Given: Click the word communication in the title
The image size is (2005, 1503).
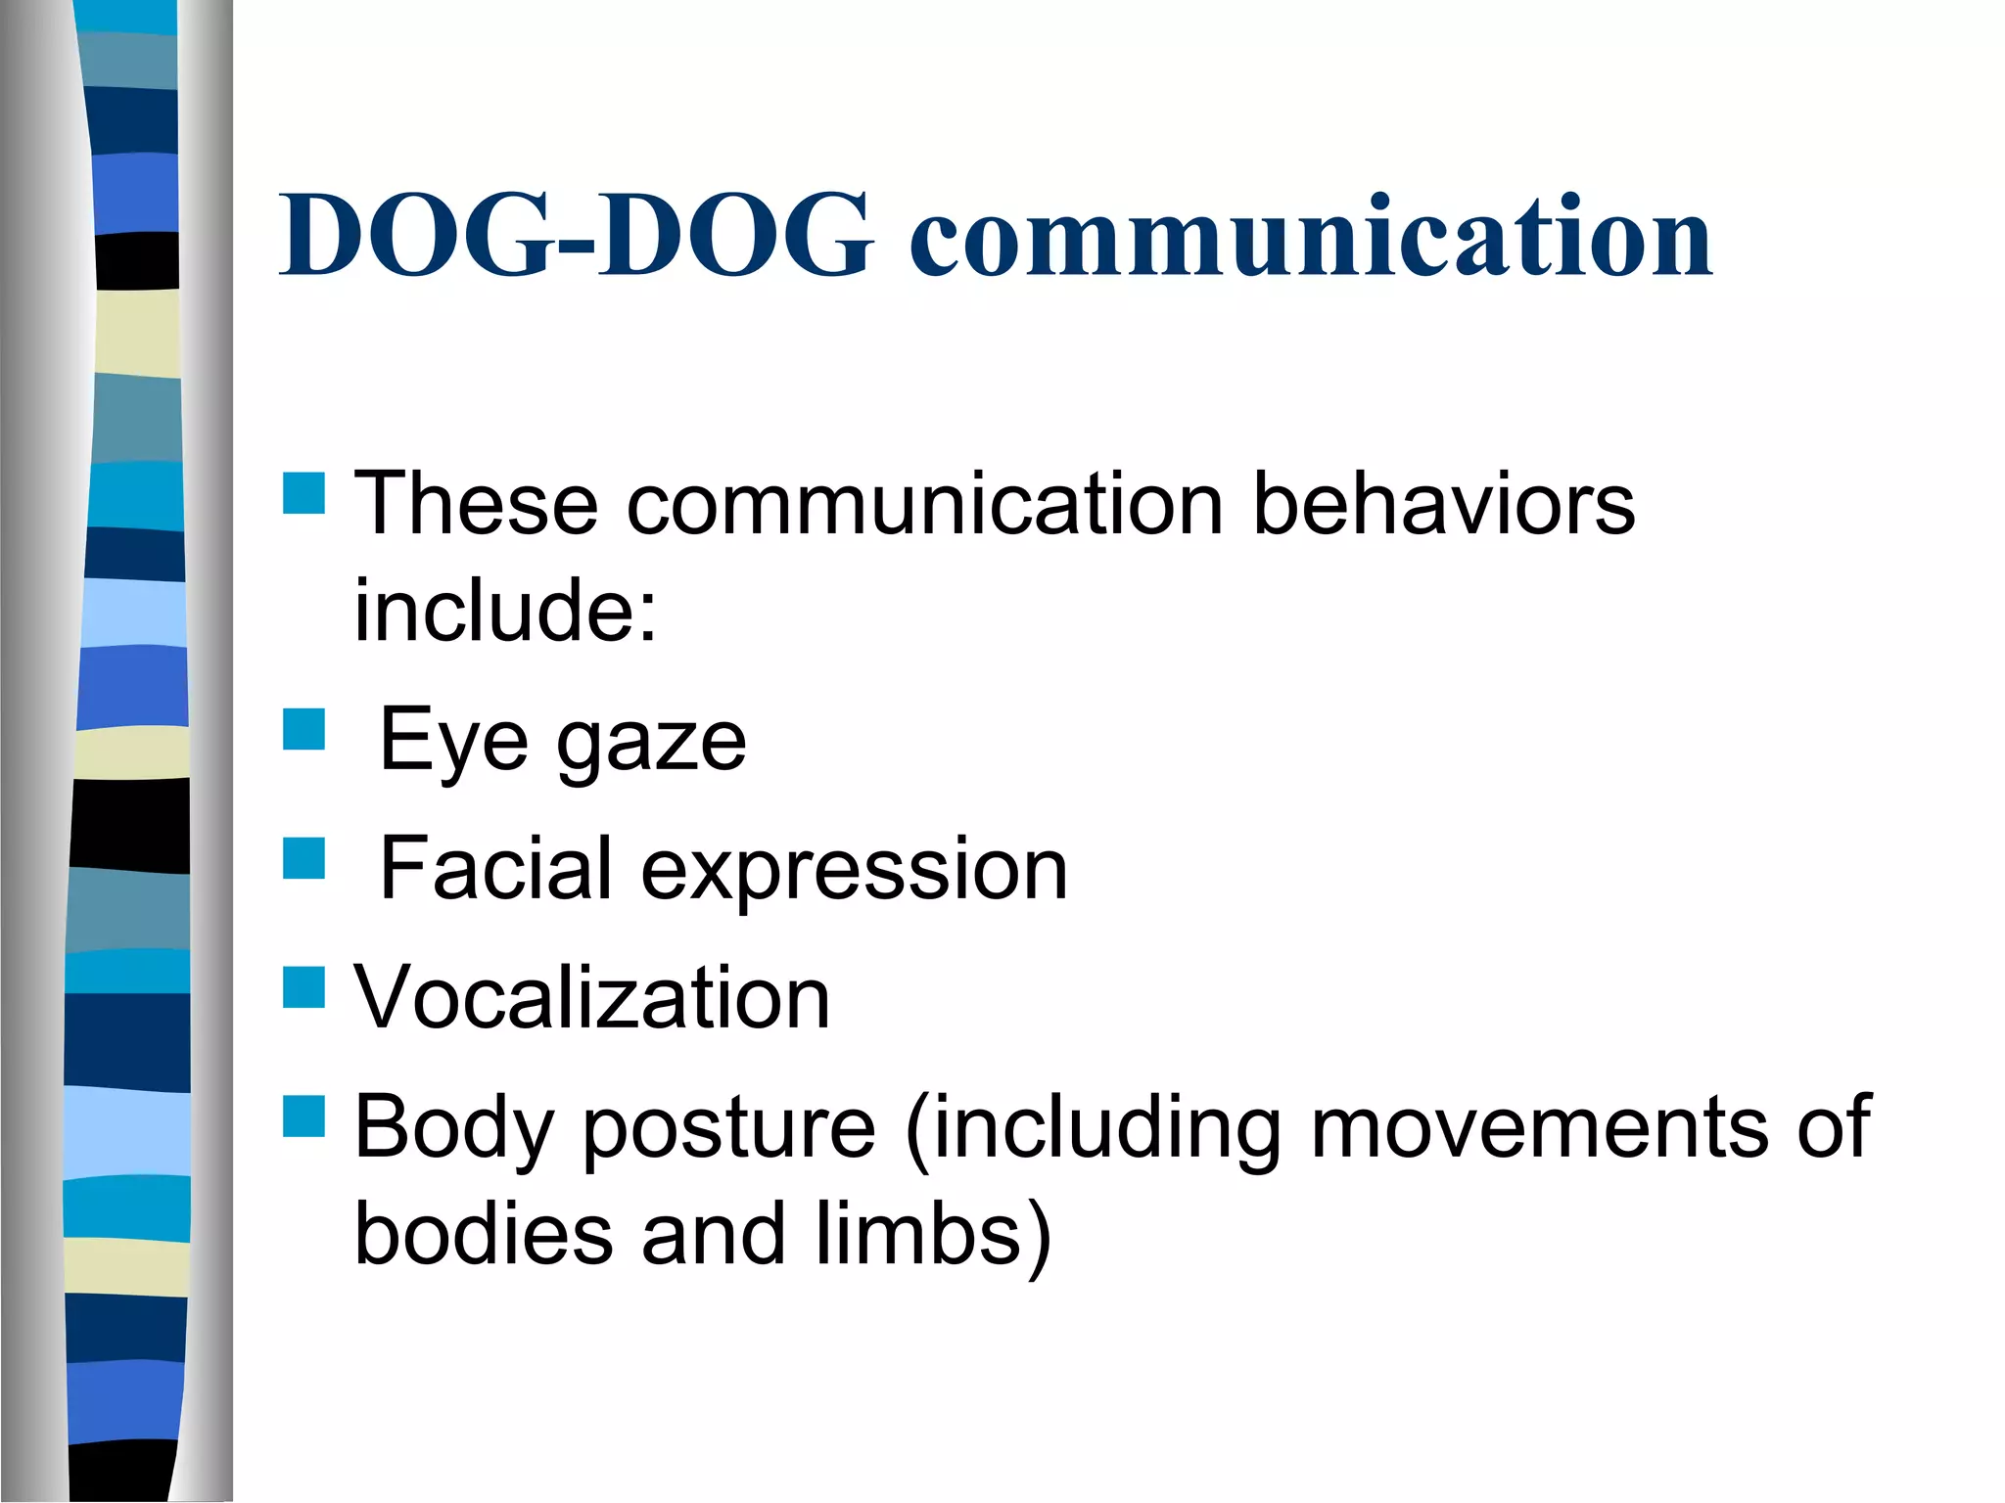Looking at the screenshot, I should tap(1311, 236).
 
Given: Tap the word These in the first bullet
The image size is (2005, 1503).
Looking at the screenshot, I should tap(476, 504).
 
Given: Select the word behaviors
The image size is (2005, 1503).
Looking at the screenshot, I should tap(1444, 504).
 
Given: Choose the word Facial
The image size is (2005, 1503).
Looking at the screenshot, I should tap(495, 868).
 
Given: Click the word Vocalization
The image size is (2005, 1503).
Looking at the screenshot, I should tap(592, 997).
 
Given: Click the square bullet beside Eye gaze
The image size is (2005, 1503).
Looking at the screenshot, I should tap(303, 729).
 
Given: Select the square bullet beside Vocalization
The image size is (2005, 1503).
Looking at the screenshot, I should tap(303, 987).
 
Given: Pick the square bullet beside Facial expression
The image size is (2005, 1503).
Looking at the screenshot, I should tap(303, 858).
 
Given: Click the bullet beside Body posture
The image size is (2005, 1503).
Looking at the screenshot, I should tap(303, 1116).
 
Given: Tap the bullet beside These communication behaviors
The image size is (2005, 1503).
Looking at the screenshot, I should tap(303, 493).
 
